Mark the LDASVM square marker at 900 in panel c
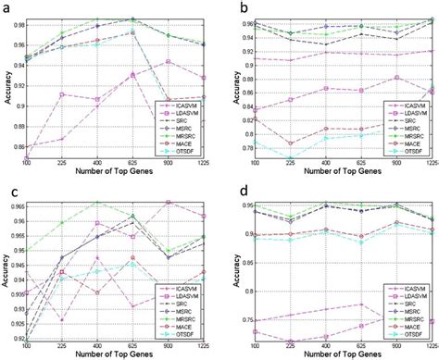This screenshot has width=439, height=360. click(x=166, y=202)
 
